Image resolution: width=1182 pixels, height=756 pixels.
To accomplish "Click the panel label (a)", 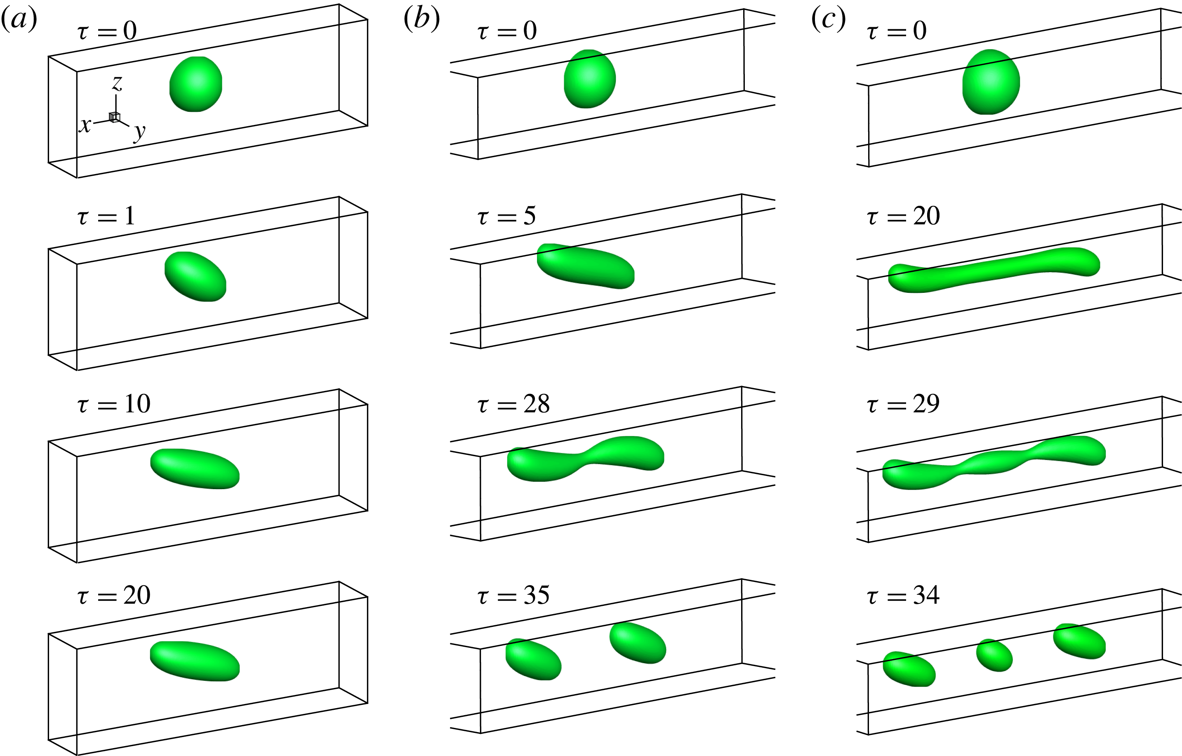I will pyautogui.click(x=19, y=20).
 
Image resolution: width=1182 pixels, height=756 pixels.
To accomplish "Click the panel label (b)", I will pyautogui.click(x=421, y=20).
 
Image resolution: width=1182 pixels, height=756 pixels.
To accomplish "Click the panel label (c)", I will pyautogui.click(x=829, y=20).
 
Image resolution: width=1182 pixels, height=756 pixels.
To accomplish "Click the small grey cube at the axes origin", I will pyautogui.click(x=114, y=117).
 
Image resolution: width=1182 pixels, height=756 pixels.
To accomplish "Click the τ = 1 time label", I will pyautogui.click(x=106, y=216).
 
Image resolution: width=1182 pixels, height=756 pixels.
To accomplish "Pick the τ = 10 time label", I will pyautogui.click(x=113, y=404).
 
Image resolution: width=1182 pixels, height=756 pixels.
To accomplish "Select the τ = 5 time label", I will pyautogui.click(x=506, y=216).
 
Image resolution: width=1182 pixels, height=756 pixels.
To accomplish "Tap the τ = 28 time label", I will pyautogui.click(x=513, y=404).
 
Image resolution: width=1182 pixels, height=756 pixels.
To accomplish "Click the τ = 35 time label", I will pyautogui.click(x=513, y=595).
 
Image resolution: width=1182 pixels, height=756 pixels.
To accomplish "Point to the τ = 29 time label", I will pyautogui.click(x=903, y=404).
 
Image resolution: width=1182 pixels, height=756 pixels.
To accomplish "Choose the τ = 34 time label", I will pyautogui.click(x=903, y=595).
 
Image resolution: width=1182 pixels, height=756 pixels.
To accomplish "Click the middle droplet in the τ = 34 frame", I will pyautogui.click(x=994, y=655).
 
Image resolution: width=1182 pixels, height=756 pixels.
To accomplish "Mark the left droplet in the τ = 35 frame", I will pyautogui.click(x=534, y=659).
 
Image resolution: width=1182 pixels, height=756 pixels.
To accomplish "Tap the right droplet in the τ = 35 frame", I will pyautogui.click(x=638, y=643).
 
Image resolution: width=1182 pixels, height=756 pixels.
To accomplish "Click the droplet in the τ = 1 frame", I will pyautogui.click(x=195, y=276).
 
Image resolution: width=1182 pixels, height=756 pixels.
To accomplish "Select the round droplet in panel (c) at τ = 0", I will pyautogui.click(x=991, y=82).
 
